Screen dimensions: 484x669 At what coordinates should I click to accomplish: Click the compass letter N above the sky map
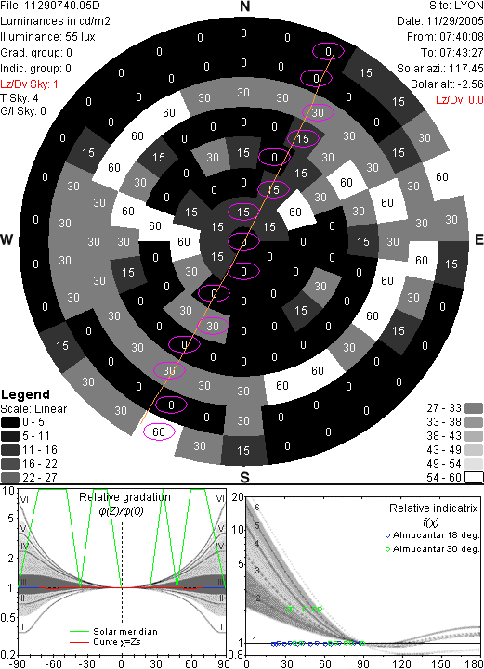tap(244, 6)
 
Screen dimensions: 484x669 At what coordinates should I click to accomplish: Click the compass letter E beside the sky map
tap(479, 239)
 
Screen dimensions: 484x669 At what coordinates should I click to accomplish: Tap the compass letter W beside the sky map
tap(7, 239)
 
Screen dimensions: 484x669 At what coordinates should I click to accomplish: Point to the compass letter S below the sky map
tap(244, 478)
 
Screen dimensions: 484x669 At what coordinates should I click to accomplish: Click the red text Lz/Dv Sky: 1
tap(29, 84)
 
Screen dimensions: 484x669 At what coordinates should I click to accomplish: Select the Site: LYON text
tap(456, 6)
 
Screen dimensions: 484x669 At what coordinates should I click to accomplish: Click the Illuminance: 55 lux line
tap(47, 37)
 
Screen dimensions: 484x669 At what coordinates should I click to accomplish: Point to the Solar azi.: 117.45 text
tap(440, 69)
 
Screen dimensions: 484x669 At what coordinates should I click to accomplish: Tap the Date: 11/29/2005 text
tap(440, 21)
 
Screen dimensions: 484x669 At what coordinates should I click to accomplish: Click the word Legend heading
tap(26, 394)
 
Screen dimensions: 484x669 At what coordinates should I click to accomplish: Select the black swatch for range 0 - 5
tap(10, 422)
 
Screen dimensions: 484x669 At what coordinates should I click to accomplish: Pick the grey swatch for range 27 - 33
tap(474, 408)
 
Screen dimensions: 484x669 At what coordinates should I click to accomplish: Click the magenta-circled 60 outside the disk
tap(159, 431)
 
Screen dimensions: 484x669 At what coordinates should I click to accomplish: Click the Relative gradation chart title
tap(124, 497)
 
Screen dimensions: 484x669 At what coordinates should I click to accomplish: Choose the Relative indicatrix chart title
tap(434, 508)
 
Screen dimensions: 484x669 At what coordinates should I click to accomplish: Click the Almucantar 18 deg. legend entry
tap(432, 535)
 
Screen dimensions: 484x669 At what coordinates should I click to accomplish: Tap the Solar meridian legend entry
tap(113, 632)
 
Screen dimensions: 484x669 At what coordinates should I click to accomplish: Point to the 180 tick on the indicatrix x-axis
tap(474, 663)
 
